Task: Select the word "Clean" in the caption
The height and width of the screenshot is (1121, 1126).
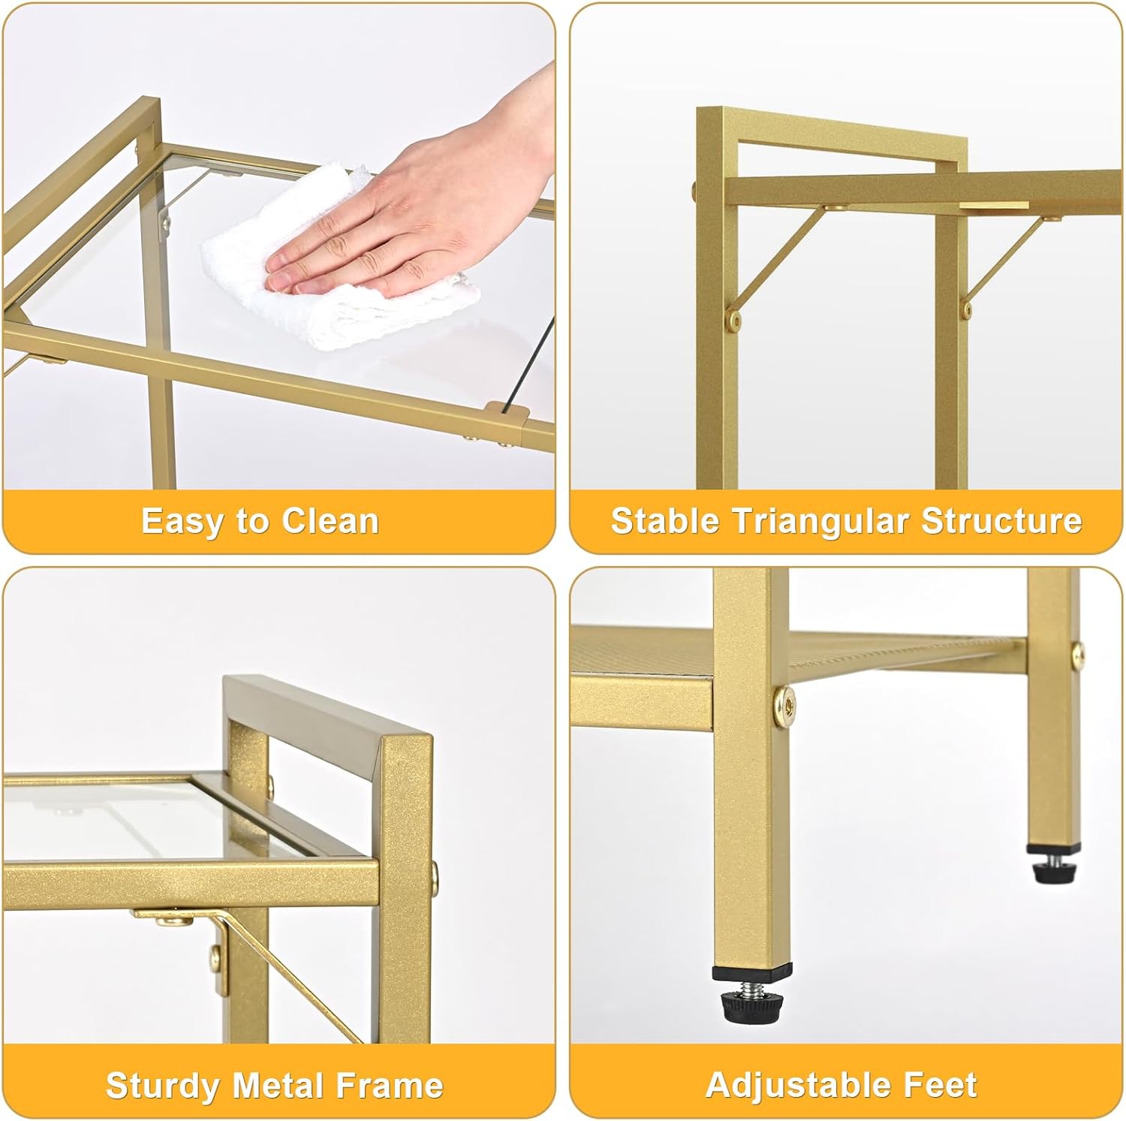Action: [x=330, y=521]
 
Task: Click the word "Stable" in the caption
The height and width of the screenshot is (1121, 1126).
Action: [x=664, y=521]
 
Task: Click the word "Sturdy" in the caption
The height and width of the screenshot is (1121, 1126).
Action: [x=163, y=1086]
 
